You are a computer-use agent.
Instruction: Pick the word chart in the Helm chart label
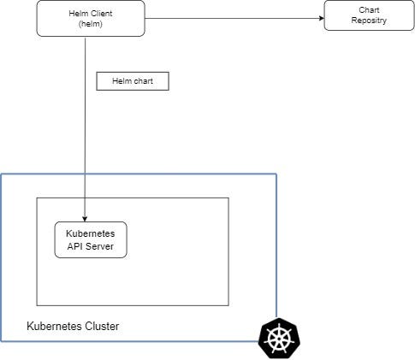[x=142, y=82]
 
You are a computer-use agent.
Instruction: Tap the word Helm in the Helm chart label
[x=119, y=82]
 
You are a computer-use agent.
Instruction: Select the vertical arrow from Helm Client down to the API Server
[x=85, y=128]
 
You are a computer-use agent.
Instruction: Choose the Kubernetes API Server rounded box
[x=91, y=239]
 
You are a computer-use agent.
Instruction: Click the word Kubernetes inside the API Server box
[x=91, y=233]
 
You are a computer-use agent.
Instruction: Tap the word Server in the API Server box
[x=99, y=246]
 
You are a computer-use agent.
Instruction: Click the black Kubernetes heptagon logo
[x=279, y=339]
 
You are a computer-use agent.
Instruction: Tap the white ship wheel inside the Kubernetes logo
[x=279, y=339]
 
